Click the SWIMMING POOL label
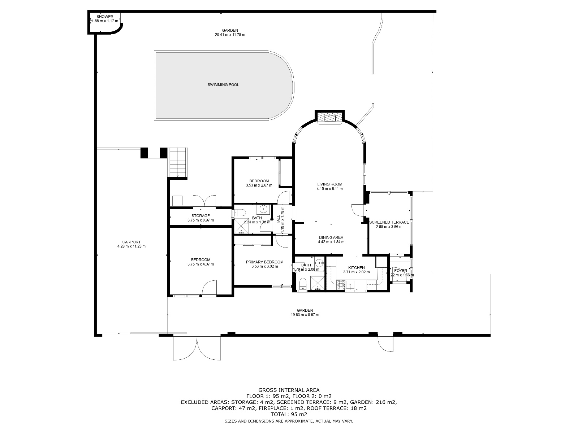coord(223,85)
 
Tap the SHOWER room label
coord(105,17)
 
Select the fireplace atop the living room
coord(329,118)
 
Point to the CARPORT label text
coord(131,242)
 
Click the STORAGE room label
coord(200,216)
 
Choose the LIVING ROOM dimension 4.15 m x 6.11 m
coord(329,189)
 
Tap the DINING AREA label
coord(331,237)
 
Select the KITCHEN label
coord(356,267)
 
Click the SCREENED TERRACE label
coord(389,222)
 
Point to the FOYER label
coord(400,271)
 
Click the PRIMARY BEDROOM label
coord(264,262)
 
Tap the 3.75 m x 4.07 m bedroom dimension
coord(200,264)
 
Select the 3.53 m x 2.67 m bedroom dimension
coord(259,185)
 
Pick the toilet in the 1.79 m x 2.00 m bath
coord(303,284)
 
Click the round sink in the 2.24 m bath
coord(264,209)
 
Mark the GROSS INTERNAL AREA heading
coord(289,390)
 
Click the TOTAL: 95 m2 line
coord(289,414)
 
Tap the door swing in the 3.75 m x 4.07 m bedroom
coord(208,289)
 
